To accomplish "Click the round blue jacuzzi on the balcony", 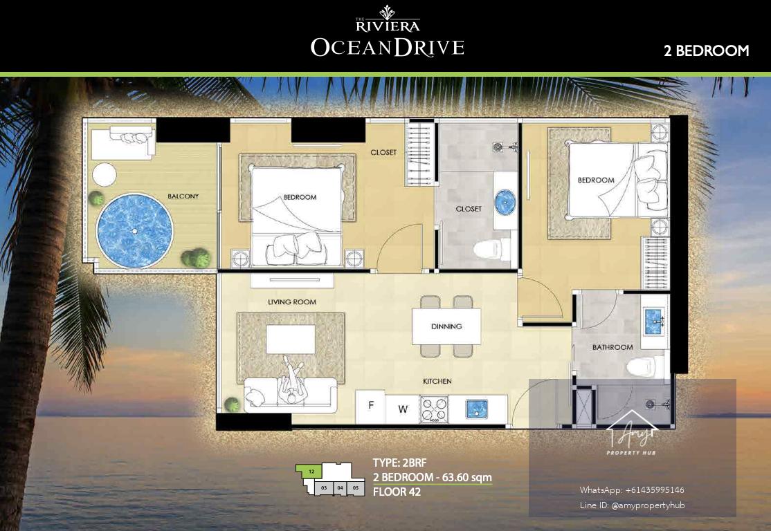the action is [x=135, y=230].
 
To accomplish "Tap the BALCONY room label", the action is [x=183, y=196].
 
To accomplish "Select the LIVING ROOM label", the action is [x=292, y=301].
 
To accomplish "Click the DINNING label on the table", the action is [x=446, y=326].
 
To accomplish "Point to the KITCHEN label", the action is [x=437, y=381].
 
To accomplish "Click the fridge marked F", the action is [x=370, y=407].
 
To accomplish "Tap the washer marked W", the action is [x=402, y=409].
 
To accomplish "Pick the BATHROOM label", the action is [x=613, y=347].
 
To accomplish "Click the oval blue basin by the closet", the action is [x=505, y=202].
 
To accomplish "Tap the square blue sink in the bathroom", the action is [x=653, y=322].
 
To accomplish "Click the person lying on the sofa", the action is [x=293, y=382].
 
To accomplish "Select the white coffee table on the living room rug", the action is [x=291, y=339].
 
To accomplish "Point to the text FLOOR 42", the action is [x=397, y=492].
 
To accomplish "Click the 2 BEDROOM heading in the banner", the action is [x=706, y=50].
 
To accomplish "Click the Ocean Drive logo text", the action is [x=388, y=48].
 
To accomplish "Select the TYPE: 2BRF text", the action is [x=400, y=463].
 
